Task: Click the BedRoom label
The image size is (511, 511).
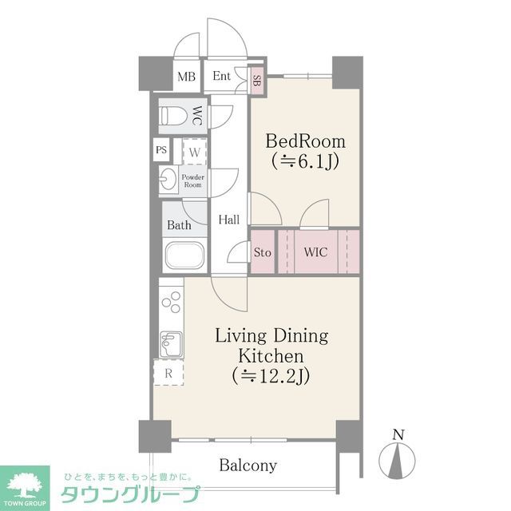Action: [305, 142]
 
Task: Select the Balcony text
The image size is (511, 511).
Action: [248, 465]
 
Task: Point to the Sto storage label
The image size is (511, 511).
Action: [262, 253]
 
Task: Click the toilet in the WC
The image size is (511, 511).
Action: [175, 117]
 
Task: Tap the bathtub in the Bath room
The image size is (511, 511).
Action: [184, 257]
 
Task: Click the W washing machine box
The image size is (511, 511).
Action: [194, 150]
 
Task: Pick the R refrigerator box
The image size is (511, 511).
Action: [168, 372]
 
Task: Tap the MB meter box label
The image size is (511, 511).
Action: [186, 77]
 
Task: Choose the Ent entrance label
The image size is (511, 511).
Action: [222, 77]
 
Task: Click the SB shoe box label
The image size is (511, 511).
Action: [256, 79]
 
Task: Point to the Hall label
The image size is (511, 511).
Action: [229, 219]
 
